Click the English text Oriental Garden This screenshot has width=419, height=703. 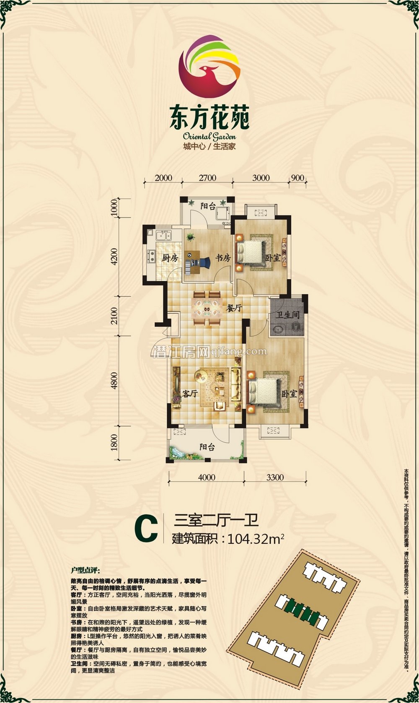tap(209, 136)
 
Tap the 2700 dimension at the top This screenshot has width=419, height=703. tap(207, 178)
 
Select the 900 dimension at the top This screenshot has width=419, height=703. tap(297, 178)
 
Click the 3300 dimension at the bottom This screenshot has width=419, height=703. tap(275, 477)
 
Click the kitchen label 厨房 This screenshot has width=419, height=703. tap(170, 258)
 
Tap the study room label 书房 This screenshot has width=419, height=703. tap(223, 258)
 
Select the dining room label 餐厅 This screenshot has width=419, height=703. tap(234, 308)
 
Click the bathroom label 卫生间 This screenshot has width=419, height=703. tap(287, 315)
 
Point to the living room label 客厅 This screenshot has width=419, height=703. tap(190, 394)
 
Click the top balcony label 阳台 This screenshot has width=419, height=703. tap(208, 206)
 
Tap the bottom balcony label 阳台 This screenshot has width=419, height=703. tap(207, 447)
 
